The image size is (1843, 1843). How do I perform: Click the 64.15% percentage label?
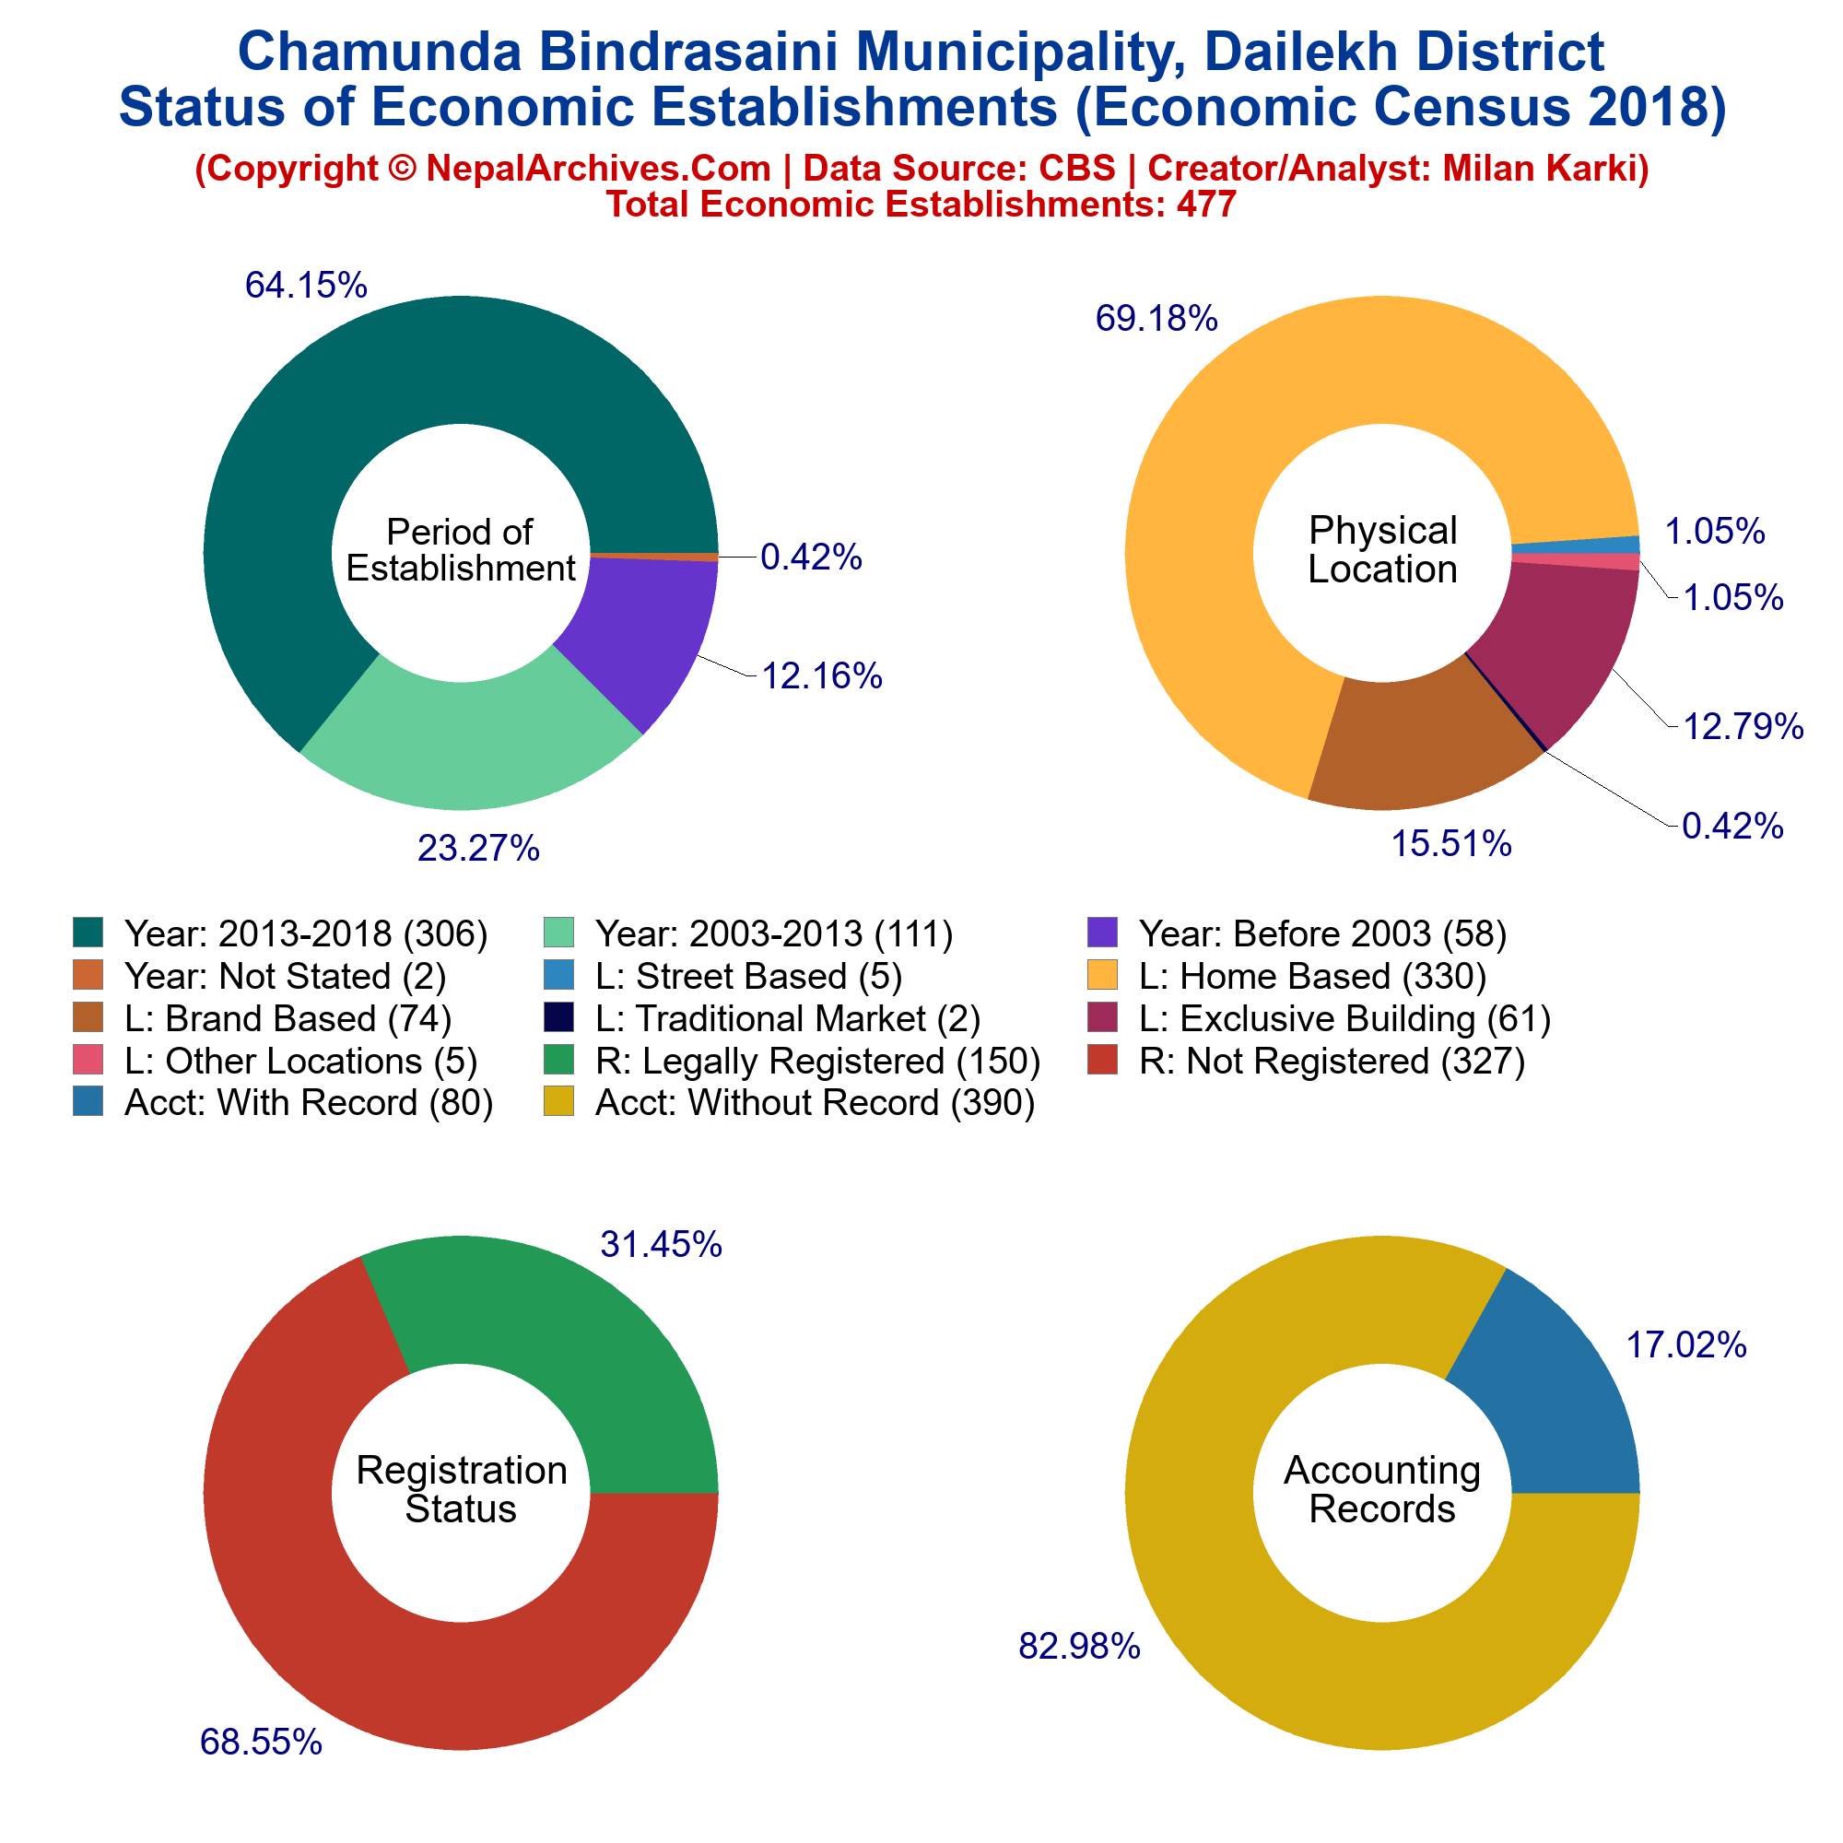click(x=306, y=284)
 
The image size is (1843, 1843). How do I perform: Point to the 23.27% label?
click(x=479, y=847)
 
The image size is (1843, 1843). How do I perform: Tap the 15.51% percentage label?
click(x=1451, y=843)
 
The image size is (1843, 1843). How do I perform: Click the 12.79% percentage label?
click(x=1743, y=727)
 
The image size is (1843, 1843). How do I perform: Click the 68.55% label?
click(x=262, y=1742)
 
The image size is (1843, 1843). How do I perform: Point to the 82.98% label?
click(x=1080, y=1646)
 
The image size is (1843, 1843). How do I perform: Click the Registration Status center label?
click(x=461, y=1489)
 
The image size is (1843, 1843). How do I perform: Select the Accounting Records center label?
click(x=1382, y=1489)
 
